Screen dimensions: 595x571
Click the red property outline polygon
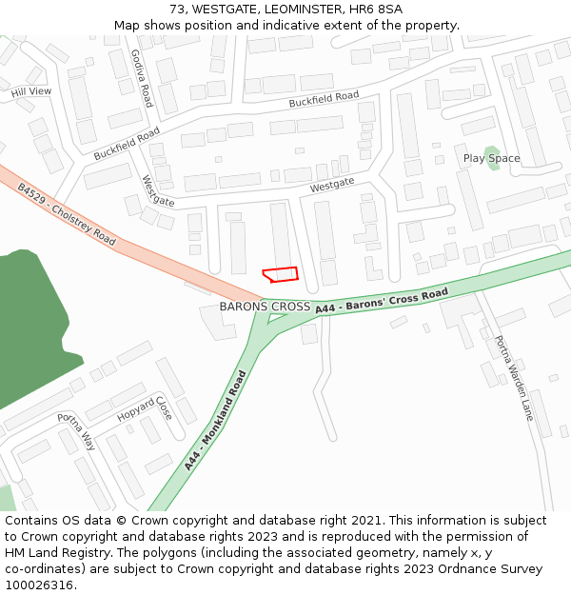coord(281,274)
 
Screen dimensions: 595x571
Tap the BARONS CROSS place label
coord(265,307)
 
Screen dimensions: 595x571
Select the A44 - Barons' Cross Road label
coord(381,300)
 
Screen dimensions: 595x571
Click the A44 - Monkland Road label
coord(215,420)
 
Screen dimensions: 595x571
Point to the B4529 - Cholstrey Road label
coord(66,214)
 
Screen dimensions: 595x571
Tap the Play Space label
coord(491,158)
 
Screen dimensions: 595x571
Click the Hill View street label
coord(31,91)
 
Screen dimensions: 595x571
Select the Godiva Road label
coord(142,78)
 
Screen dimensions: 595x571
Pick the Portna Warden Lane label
coord(513,378)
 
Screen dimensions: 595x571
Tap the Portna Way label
coord(76,431)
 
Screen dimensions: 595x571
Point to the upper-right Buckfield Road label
coord(324,97)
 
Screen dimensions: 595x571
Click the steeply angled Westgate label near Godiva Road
coord(158,190)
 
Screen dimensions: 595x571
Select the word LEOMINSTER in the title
coord(281,9)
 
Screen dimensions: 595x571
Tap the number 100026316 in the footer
coord(38,585)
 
